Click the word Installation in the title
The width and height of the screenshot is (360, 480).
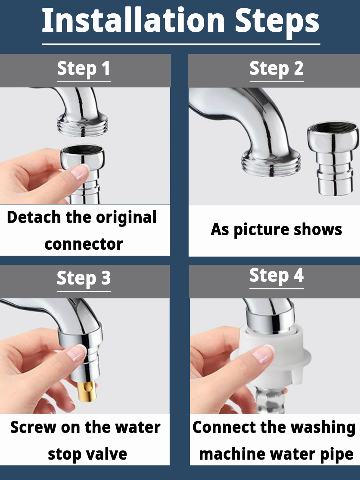coord(133,20)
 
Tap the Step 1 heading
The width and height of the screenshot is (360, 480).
coord(84,69)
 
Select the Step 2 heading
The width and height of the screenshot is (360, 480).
coord(276,69)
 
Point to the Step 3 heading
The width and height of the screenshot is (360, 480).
coord(84,278)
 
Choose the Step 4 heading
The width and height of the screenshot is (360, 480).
coord(276,275)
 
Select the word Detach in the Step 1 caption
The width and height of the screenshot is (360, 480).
coord(34,217)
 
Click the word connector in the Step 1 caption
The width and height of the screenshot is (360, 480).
coord(84,244)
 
